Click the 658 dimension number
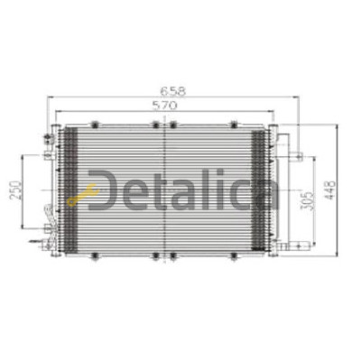coord(173,91)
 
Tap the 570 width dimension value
coord(165,106)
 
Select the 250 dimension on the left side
coord(15,191)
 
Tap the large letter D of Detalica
coord(101,190)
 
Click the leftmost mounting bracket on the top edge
coord(95,125)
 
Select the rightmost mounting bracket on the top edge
coord(235,125)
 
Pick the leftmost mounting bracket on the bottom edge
coord(95,255)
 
